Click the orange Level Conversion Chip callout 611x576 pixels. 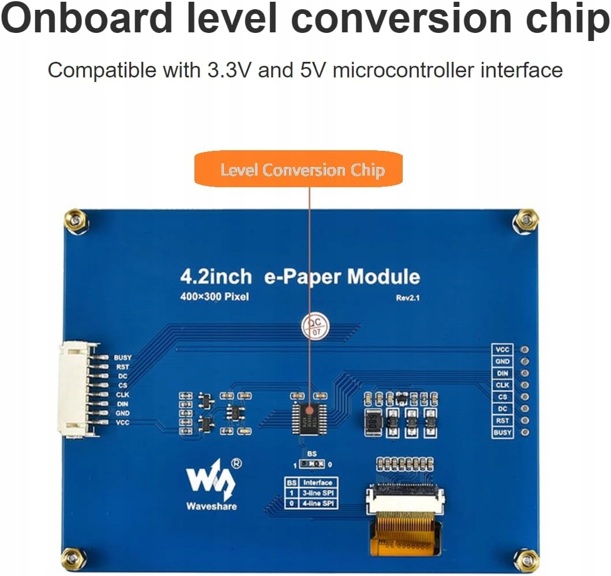click(298, 169)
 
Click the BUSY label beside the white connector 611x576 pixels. click(122, 358)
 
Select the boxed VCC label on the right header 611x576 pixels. click(502, 350)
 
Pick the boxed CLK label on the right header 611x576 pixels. click(502, 385)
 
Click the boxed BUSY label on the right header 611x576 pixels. click(502, 432)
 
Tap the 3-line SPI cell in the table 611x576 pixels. click(318, 493)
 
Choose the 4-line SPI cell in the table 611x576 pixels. click(318, 503)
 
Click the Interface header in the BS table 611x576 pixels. click(318, 482)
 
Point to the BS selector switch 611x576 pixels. click(312, 464)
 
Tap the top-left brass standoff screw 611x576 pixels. click(76, 221)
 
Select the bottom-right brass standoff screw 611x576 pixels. click(527, 559)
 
